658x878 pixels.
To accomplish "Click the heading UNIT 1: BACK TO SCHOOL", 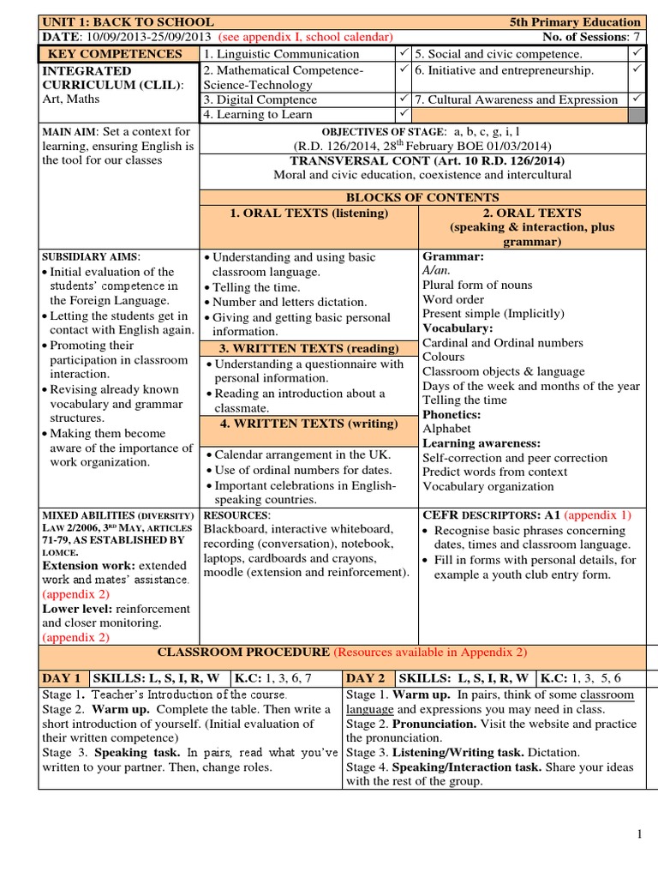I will [128, 21].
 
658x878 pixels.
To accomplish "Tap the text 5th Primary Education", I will [587, 21].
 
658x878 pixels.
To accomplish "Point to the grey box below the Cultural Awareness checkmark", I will [637, 114].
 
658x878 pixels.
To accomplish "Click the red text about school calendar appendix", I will [306, 37].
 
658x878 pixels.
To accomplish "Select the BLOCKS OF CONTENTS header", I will [422, 197].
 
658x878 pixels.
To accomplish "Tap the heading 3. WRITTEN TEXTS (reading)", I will [308, 348].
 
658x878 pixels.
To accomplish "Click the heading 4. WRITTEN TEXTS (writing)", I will [308, 424].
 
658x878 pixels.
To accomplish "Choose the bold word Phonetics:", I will [452, 414].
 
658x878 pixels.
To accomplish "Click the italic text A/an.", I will [436, 270].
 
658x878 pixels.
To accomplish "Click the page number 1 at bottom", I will [639, 835].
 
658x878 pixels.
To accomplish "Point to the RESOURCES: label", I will [236, 515].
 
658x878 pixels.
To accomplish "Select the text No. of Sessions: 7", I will [592, 37].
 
